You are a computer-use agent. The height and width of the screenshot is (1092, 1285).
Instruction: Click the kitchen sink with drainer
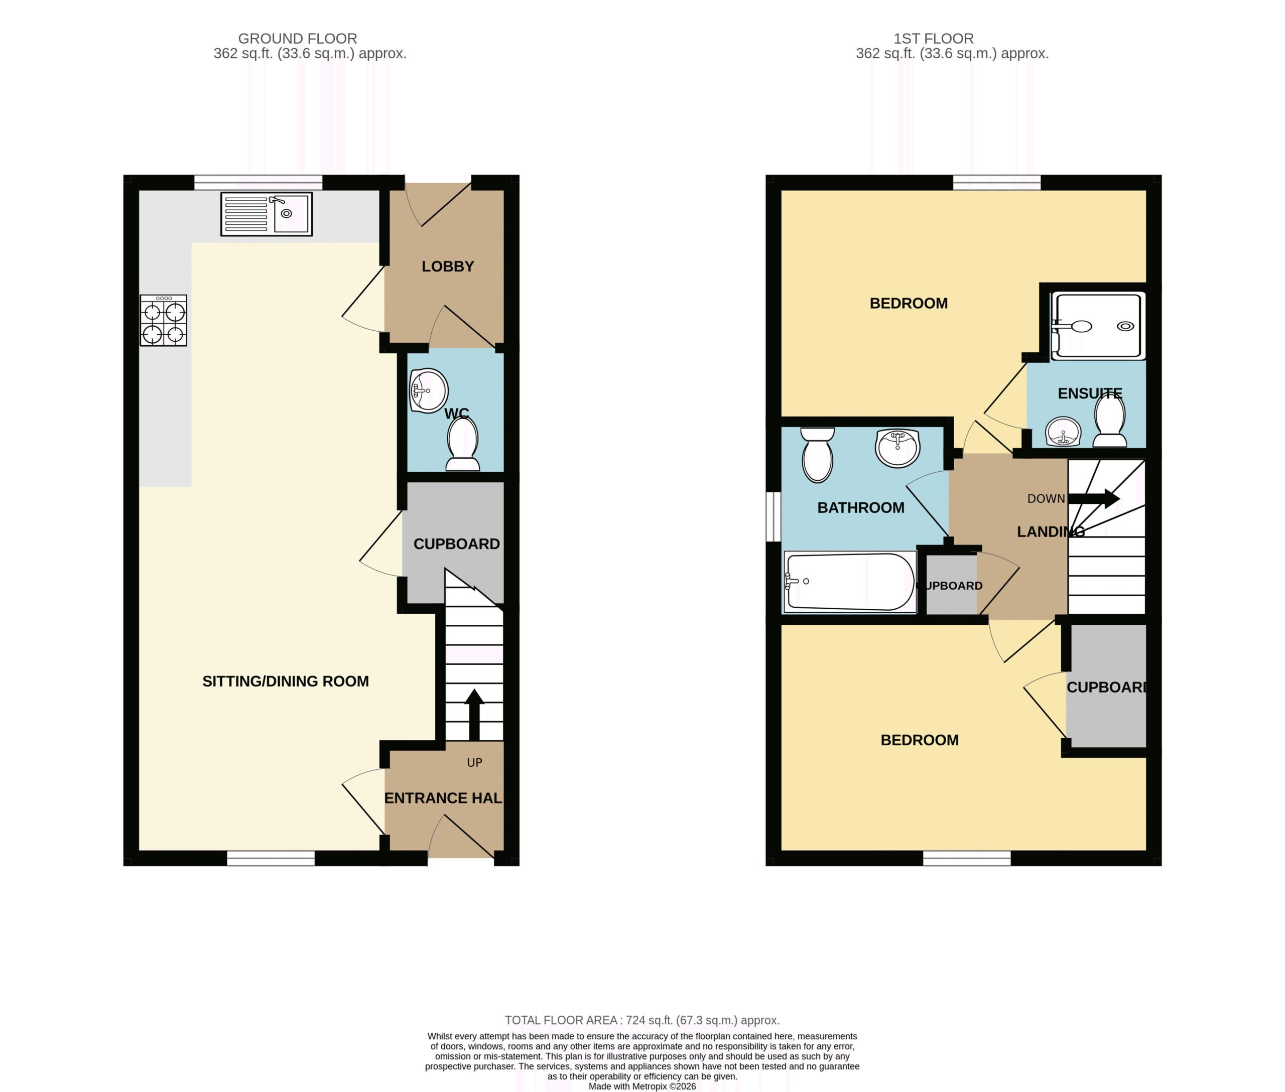coord(267,214)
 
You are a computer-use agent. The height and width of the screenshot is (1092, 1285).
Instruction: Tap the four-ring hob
coord(164,320)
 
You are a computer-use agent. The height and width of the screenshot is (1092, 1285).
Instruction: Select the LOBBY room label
coord(448,266)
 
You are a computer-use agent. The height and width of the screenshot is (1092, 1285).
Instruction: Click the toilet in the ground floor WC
coord(463,444)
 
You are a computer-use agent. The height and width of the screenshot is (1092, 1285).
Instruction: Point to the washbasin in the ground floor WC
coord(429,390)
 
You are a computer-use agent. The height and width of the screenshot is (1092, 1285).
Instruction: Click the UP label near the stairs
coord(474,763)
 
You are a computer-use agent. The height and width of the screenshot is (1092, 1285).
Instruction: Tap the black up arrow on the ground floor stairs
coord(474,715)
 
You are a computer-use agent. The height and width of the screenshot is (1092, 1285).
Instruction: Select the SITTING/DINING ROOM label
coord(286,681)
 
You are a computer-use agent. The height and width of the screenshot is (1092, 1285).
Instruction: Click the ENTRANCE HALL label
coord(443,798)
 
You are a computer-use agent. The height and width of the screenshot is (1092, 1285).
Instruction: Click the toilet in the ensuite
coord(1110,421)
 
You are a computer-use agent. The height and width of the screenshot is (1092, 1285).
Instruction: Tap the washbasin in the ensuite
coord(1063,432)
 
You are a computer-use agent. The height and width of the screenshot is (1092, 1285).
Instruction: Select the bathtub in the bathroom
coord(850,582)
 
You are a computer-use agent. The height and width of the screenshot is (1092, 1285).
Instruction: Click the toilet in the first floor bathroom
coord(818,455)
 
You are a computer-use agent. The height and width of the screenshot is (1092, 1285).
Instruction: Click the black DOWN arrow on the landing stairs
coord(1094,498)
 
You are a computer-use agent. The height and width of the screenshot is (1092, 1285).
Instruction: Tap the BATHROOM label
coord(861,508)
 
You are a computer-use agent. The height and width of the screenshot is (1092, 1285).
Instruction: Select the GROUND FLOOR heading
coord(297,38)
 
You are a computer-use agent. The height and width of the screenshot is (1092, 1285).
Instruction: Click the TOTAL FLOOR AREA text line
coord(642,1020)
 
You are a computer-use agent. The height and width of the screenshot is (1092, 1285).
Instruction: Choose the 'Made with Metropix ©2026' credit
coord(642,1086)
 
